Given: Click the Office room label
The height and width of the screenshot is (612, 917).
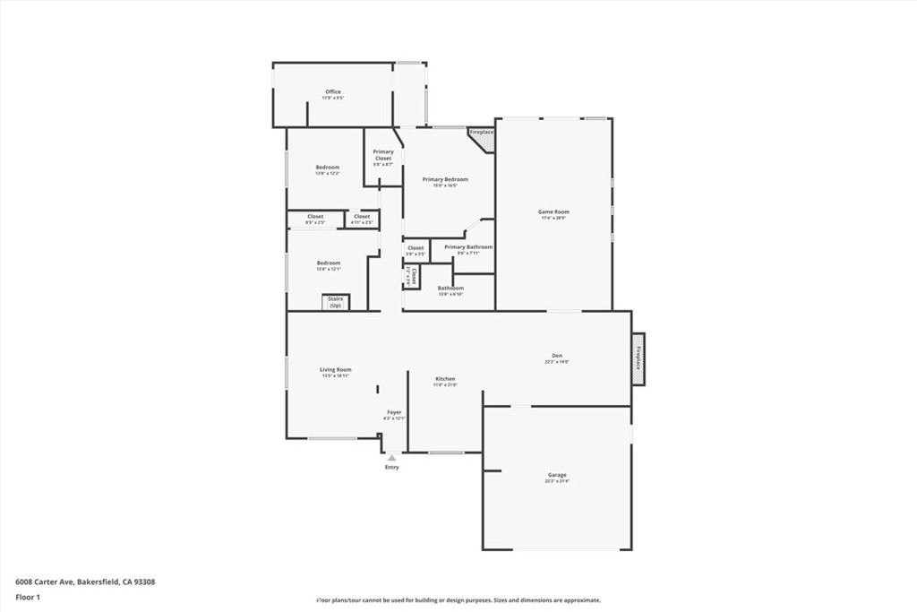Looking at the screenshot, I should (333, 92).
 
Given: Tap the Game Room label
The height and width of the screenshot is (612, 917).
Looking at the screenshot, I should (554, 212).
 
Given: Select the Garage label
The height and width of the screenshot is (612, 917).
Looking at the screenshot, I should (557, 476).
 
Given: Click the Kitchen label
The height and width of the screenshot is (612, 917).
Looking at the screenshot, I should (445, 379).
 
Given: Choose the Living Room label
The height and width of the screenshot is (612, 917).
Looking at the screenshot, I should (336, 370).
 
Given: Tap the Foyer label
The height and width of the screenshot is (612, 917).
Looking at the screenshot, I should (394, 413).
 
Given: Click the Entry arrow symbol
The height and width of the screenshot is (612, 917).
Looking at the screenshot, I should (391, 458).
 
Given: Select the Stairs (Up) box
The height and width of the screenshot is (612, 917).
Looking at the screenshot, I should (336, 302).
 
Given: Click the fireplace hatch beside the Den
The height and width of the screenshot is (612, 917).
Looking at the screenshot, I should (638, 358).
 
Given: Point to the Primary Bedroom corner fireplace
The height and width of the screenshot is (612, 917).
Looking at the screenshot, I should (484, 137).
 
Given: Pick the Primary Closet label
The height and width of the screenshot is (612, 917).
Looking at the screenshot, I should (383, 155).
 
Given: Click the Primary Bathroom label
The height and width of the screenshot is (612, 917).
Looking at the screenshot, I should (468, 247).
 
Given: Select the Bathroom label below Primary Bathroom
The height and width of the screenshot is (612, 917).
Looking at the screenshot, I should (450, 289).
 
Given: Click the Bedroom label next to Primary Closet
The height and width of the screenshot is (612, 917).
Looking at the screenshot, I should (327, 168).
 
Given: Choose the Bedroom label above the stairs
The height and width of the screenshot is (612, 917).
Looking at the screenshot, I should (328, 263).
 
